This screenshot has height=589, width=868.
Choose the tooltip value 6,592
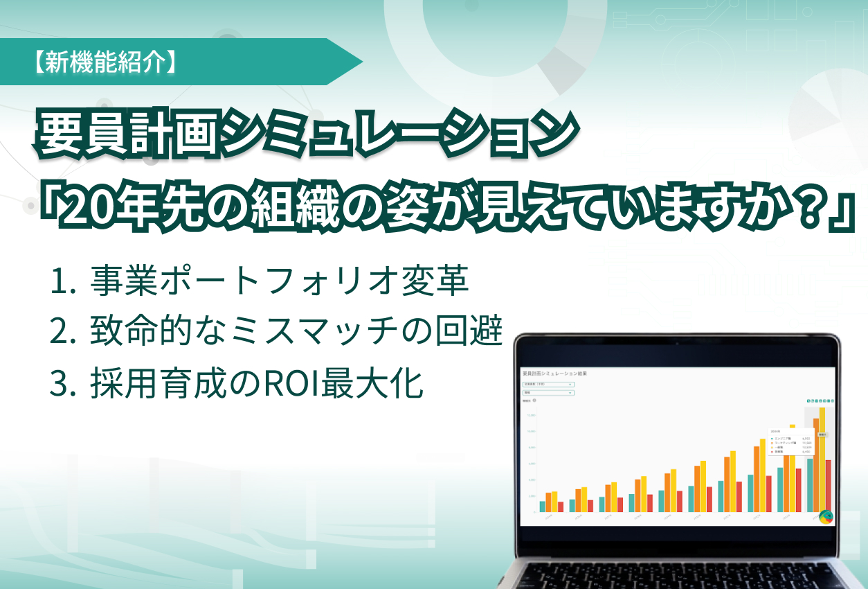(806, 439)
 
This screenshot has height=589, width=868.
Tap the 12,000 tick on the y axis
(532, 416)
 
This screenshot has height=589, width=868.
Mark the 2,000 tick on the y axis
(532, 496)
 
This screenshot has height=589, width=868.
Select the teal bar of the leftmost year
(543, 506)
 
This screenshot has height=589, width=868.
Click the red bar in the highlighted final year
(828, 485)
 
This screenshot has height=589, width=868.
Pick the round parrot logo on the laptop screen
(826, 516)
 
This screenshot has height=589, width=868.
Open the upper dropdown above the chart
(548, 384)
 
